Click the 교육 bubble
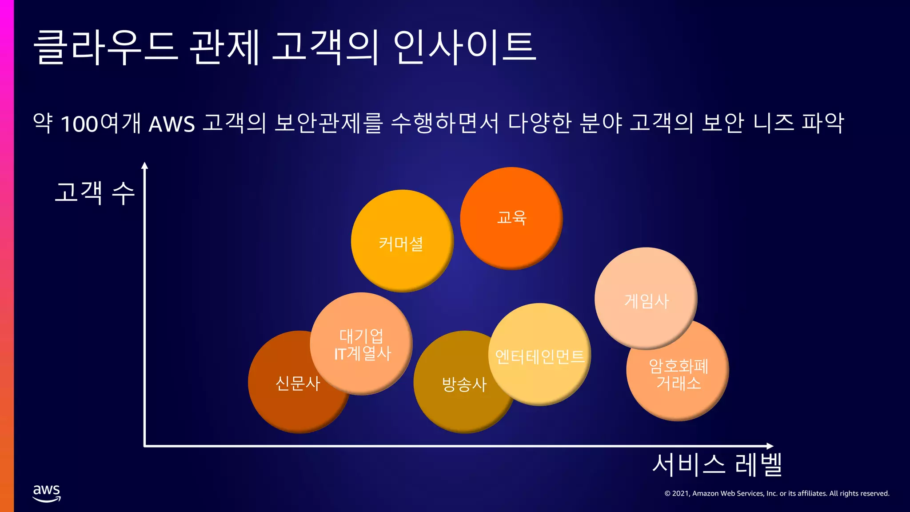pyautogui.click(x=511, y=218)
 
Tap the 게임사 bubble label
pyautogui.click(x=647, y=301)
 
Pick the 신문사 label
pyautogui.click(x=298, y=383)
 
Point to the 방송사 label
pyautogui.click(x=464, y=384)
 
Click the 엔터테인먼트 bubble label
pyautogui.click(x=540, y=356)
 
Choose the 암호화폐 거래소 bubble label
pyautogui.click(x=678, y=374)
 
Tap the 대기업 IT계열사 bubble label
pyautogui.click(x=362, y=344)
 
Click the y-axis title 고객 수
pyautogui.click(x=94, y=192)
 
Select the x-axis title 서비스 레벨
pyautogui.click(x=717, y=464)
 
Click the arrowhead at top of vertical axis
pyautogui.click(x=144, y=166)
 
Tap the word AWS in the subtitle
pyautogui.click(x=172, y=124)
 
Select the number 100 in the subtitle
pyautogui.click(x=79, y=124)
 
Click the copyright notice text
pyautogui.click(x=777, y=493)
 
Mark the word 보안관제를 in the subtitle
pyautogui.click(x=328, y=123)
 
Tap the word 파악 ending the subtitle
pyautogui.click(x=822, y=123)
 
